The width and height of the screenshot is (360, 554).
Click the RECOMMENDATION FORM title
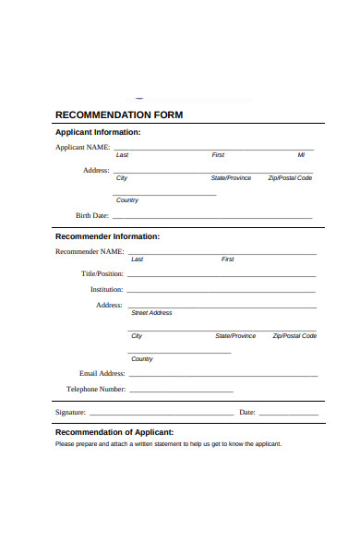(119, 115)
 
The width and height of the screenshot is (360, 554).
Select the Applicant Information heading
(98, 132)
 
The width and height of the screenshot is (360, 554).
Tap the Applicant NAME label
(83, 147)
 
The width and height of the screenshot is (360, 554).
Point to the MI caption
(301, 155)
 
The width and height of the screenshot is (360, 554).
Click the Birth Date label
(91, 215)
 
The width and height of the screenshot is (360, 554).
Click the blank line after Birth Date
(212, 218)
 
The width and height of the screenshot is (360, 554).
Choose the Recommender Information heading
(107, 236)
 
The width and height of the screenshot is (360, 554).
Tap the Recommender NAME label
(90, 251)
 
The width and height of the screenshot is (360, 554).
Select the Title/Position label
(102, 274)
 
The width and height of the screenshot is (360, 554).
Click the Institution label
(106, 289)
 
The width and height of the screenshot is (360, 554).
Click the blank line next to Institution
(222, 292)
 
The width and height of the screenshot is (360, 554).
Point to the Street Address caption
(151, 313)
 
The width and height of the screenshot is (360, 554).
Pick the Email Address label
(102, 373)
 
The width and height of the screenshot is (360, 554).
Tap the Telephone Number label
(95, 389)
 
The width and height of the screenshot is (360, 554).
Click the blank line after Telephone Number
(222, 391)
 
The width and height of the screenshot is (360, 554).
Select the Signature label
(70, 412)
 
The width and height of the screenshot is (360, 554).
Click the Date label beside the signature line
(246, 412)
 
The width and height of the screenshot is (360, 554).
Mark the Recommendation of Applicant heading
(114, 432)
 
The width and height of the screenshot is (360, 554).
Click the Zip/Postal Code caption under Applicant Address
(290, 177)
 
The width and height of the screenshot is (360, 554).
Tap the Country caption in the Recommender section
(142, 358)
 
